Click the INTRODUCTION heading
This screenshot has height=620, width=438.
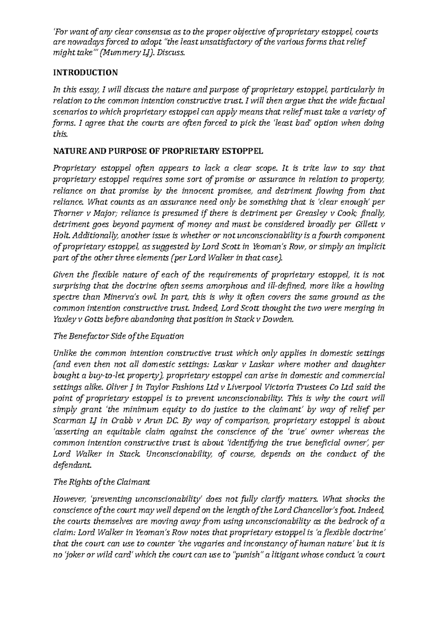(x=85, y=73)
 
